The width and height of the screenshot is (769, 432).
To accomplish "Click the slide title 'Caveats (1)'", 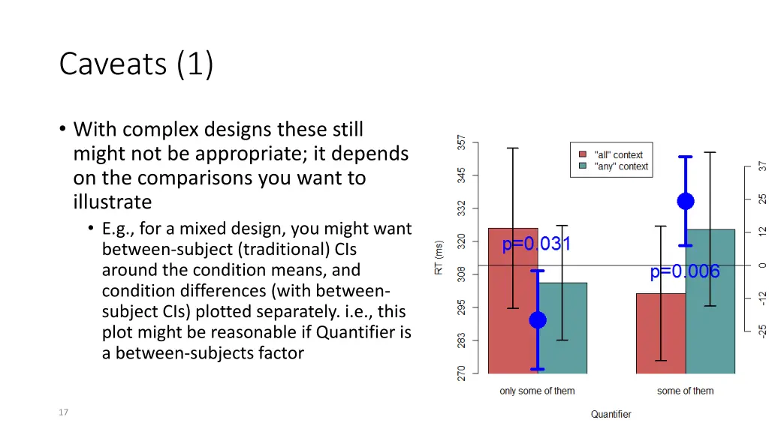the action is pyautogui.click(x=137, y=64).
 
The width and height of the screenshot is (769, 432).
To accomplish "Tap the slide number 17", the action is pyautogui.click(x=63, y=412).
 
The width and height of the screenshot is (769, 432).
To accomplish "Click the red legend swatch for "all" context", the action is pyautogui.click(x=583, y=154).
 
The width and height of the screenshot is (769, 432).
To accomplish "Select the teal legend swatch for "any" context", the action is pyautogui.click(x=583, y=166).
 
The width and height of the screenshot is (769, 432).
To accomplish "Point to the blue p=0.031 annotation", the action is pyautogui.click(x=536, y=244).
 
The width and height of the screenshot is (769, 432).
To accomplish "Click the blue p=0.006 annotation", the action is pyautogui.click(x=685, y=271).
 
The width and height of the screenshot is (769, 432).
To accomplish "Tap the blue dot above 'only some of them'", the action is pyautogui.click(x=538, y=320).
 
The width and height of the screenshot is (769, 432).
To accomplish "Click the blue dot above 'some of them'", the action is pyautogui.click(x=686, y=201).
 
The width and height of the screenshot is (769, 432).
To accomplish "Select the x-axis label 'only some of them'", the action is pyautogui.click(x=537, y=391).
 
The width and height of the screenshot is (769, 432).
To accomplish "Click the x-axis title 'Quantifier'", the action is pyautogui.click(x=611, y=414).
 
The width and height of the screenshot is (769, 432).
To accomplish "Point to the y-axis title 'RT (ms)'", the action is pyautogui.click(x=439, y=258).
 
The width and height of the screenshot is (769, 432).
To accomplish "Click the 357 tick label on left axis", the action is pyautogui.click(x=462, y=142).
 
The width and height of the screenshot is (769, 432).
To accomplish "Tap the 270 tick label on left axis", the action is pyautogui.click(x=462, y=373).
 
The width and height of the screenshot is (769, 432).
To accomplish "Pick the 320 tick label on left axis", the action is pyautogui.click(x=462, y=241).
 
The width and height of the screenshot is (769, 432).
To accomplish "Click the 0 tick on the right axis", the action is pyautogui.click(x=761, y=265).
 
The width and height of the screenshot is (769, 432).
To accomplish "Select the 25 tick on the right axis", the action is pyautogui.click(x=761, y=199).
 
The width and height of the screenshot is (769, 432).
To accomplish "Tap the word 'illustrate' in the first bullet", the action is pyautogui.click(x=113, y=202).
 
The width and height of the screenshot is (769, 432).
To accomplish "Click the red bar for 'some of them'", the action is pyautogui.click(x=661, y=334).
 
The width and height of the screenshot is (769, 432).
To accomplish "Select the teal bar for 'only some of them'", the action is pyautogui.click(x=562, y=328).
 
